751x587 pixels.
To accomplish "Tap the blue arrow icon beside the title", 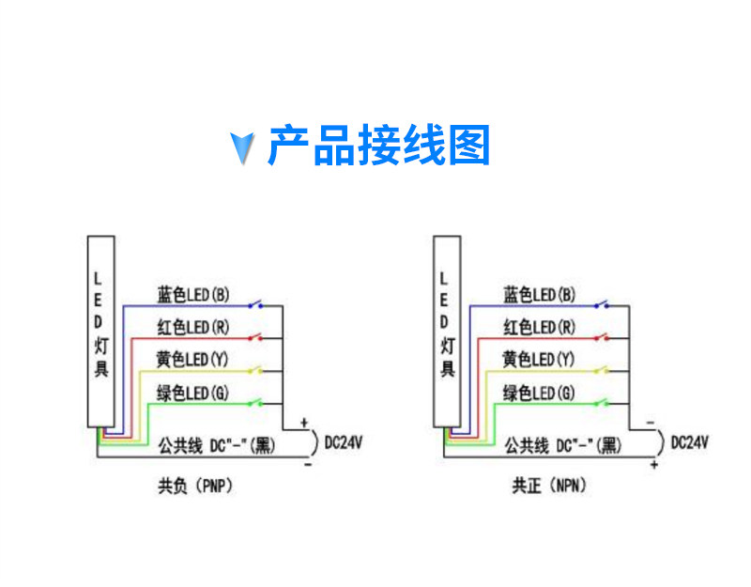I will point(243,147).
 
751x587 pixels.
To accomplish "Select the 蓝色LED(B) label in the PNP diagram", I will point(192,295).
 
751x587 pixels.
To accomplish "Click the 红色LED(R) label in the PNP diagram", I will point(192,328).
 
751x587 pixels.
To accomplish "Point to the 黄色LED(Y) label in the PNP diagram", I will point(192,360).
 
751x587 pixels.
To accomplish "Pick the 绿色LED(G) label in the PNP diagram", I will point(192,392).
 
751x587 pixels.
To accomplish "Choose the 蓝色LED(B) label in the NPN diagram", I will point(539,295).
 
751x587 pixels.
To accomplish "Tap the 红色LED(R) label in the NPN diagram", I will point(539,328).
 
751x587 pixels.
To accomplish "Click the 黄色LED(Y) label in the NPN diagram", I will point(539,360).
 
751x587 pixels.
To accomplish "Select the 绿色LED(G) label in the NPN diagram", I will point(539,392).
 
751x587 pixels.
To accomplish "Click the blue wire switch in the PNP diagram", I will point(255,303).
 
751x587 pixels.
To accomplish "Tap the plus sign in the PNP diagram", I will point(303,423).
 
